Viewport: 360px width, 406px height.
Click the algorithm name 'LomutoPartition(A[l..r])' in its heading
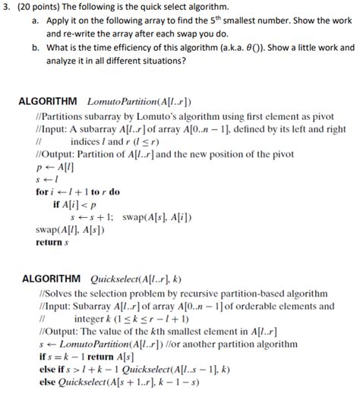click(x=140, y=101)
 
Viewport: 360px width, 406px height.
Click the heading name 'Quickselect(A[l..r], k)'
click(x=134, y=279)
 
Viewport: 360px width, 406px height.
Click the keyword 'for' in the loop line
click(x=43, y=192)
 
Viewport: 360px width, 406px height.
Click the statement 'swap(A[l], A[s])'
click(x=71, y=230)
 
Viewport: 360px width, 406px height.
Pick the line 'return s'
click(x=52, y=243)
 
